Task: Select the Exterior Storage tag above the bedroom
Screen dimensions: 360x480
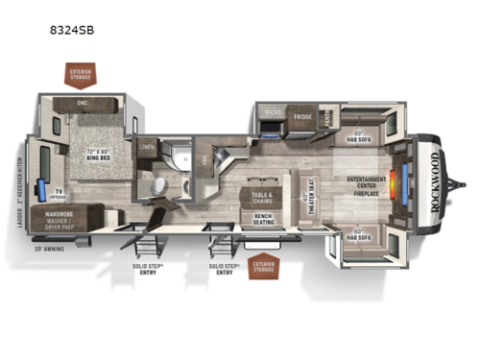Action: [79, 73]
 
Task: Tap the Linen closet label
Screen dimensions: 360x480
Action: [147, 147]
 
